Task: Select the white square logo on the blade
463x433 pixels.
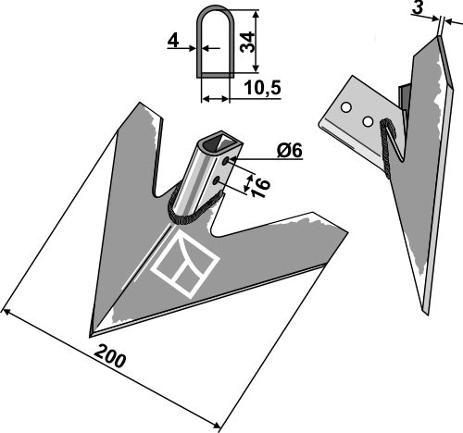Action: (183, 268)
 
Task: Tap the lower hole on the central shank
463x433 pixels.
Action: (218, 183)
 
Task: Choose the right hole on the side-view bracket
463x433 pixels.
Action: (369, 121)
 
